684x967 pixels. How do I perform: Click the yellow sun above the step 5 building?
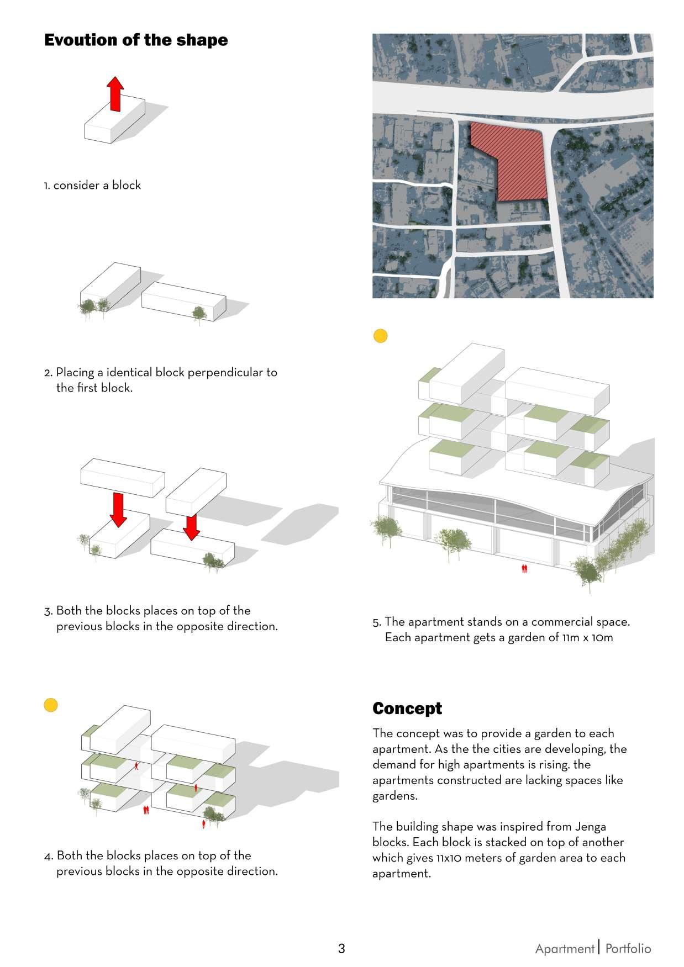[x=380, y=336]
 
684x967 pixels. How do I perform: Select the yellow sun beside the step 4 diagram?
[x=51, y=705]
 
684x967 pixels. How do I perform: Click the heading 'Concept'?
[x=407, y=709]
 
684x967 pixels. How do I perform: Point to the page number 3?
[x=341, y=949]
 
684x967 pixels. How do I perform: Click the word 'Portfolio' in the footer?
[x=628, y=949]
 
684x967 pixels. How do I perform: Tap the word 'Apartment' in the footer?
[x=564, y=949]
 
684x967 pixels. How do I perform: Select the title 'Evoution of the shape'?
[x=136, y=40]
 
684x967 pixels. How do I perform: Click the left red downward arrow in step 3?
[x=118, y=509]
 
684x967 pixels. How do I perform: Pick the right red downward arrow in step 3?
[x=191, y=527]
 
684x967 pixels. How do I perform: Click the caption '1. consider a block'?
[x=92, y=186]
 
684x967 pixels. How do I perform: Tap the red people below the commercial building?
[x=524, y=568]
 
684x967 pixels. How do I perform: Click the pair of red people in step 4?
[x=146, y=810]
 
